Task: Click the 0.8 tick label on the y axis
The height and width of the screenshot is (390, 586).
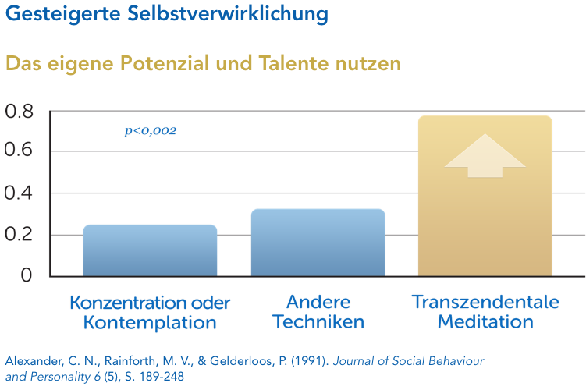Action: (x=20, y=112)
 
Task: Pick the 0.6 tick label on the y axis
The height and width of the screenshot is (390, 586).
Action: (x=20, y=150)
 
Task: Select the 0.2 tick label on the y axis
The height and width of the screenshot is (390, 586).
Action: (x=20, y=235)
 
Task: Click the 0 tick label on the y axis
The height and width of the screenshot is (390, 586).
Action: (x=27, y=275)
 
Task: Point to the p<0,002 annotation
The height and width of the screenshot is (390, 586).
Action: (x=151, y=131)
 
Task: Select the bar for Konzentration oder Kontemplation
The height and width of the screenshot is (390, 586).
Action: (x=150, y=250)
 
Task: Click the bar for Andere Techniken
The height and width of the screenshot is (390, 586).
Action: (x=318, y=243)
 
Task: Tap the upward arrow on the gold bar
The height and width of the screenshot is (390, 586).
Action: (x=485, y=156)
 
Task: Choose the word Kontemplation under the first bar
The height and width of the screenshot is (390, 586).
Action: (x=150, y=321)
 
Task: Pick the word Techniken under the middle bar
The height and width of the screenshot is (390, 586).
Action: (x=318, y=321)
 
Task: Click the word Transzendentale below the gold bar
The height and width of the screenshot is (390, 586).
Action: (x=485, y=303)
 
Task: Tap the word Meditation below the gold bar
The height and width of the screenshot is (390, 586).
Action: (x=485, y=321)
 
